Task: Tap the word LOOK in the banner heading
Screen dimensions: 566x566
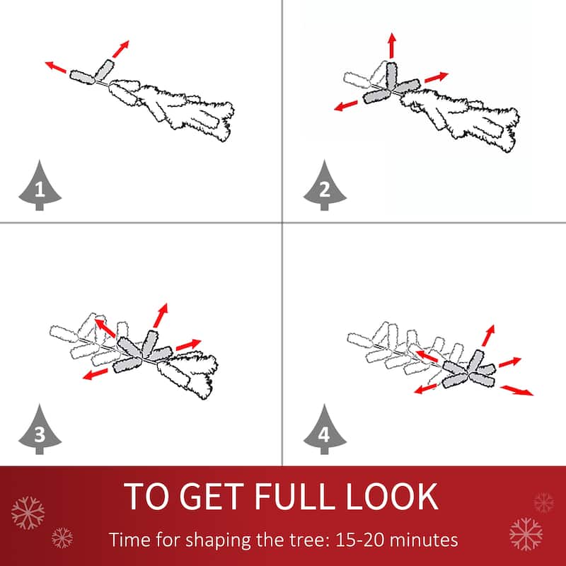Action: coord(392,497)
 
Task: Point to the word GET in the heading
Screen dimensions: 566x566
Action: coord(212,497)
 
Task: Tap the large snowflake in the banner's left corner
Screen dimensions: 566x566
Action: coord(28,513)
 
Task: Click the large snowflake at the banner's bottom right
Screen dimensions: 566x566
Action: coord(526,534)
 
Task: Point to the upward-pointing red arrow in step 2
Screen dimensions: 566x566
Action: coord(392,45)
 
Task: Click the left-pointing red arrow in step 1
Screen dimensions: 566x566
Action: coord(56,67)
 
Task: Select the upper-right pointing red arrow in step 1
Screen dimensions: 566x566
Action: coord(120,49)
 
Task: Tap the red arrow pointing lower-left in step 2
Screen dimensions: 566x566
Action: coord(345,105)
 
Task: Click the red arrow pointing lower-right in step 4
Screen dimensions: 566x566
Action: coord(516,391)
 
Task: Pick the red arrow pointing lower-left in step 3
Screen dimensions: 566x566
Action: coord(95,374)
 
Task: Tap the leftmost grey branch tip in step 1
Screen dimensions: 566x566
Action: coord(82,77)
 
